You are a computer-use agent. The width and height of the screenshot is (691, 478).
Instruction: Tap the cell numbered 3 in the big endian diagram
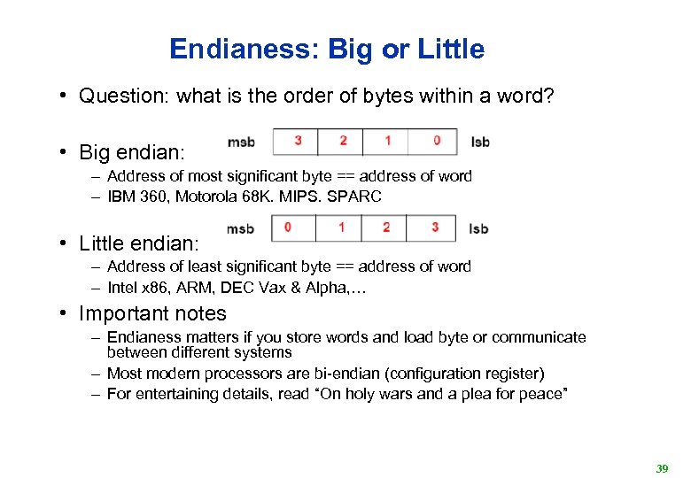(298, 141)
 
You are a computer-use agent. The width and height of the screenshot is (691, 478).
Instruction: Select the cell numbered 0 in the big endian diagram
(436, 141)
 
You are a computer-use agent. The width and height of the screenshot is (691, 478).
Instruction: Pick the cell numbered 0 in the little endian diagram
(288, 227)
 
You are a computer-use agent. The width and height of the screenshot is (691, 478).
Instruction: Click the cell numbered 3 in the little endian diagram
(434, 227)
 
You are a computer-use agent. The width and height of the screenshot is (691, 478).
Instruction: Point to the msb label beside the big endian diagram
(241, 142)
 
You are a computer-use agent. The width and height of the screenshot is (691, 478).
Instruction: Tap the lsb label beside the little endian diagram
(478, 228)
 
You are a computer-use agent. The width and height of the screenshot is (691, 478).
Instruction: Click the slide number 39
(662, 468)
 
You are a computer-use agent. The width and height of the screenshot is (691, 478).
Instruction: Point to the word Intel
(122, 287)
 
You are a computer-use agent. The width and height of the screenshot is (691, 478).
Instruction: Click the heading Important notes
(152, 313)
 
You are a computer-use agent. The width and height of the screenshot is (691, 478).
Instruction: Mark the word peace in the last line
(541, 394)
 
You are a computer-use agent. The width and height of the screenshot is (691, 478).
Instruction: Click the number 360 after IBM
(154, 197)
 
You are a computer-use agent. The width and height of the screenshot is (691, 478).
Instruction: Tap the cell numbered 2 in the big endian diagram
(343, 141)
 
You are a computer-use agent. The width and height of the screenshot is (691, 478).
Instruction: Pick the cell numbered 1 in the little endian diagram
(341, 227)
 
